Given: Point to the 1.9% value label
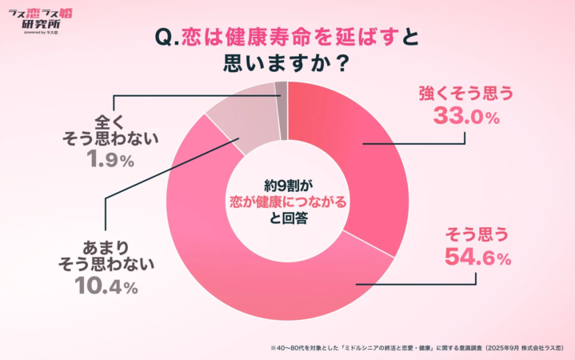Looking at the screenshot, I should tap(110, 160).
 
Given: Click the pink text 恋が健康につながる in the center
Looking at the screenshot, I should tap(287, 202).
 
